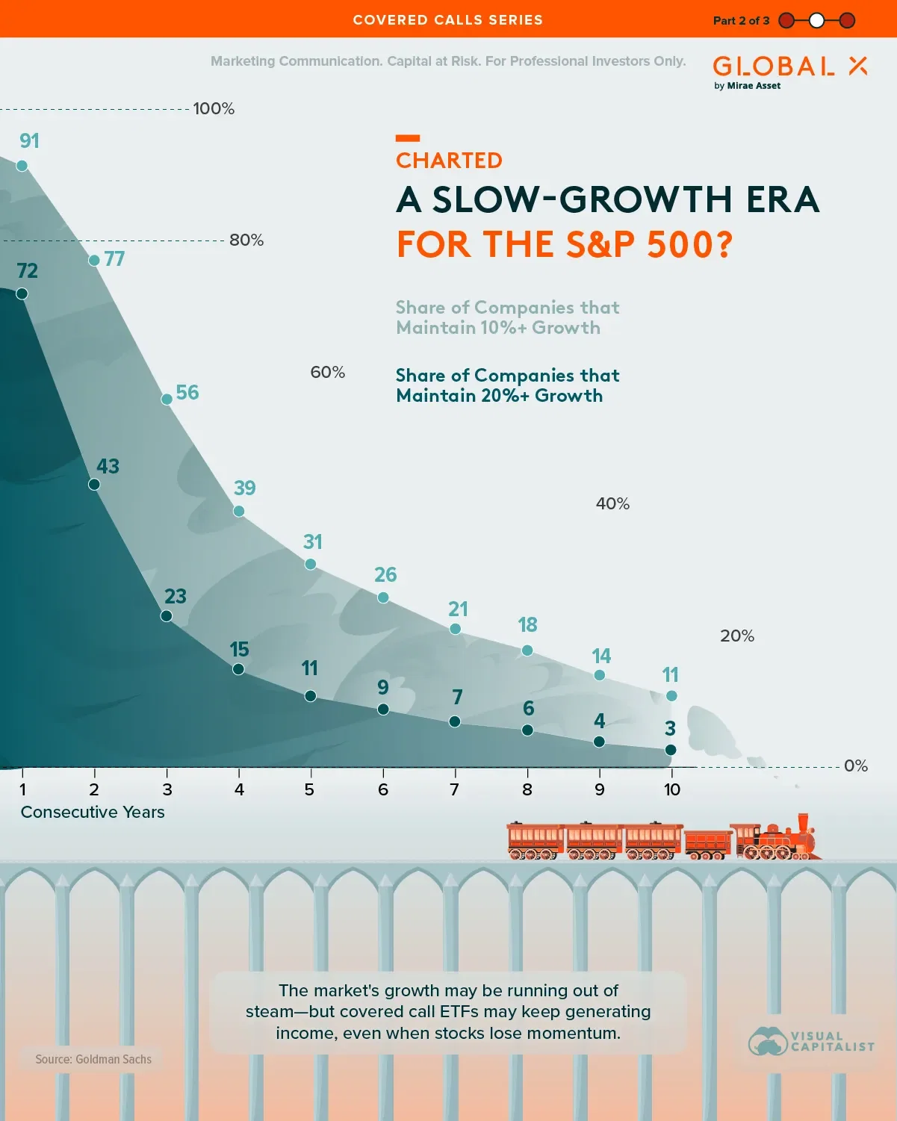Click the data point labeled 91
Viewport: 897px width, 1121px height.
22,165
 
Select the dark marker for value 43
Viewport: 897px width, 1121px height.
94,484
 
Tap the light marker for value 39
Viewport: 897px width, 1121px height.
239,511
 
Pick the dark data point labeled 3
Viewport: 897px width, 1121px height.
671,749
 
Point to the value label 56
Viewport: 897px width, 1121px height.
187,393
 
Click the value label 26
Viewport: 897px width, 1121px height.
385,574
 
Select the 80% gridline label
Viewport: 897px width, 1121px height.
246,240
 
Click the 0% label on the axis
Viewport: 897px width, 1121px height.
856,766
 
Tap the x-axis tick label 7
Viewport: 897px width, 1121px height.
454,789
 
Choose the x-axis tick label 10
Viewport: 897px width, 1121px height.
672,789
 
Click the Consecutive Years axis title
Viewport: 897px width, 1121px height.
93,812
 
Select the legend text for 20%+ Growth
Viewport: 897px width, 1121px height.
507,385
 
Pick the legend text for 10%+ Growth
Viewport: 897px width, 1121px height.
507,317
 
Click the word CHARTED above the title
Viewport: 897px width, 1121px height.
449,161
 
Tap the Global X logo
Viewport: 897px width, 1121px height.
789,71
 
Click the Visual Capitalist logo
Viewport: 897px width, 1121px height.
811,1041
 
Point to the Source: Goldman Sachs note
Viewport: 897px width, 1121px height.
93,1059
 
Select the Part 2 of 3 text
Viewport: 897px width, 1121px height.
741,20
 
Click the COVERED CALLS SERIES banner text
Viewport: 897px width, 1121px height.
448,20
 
